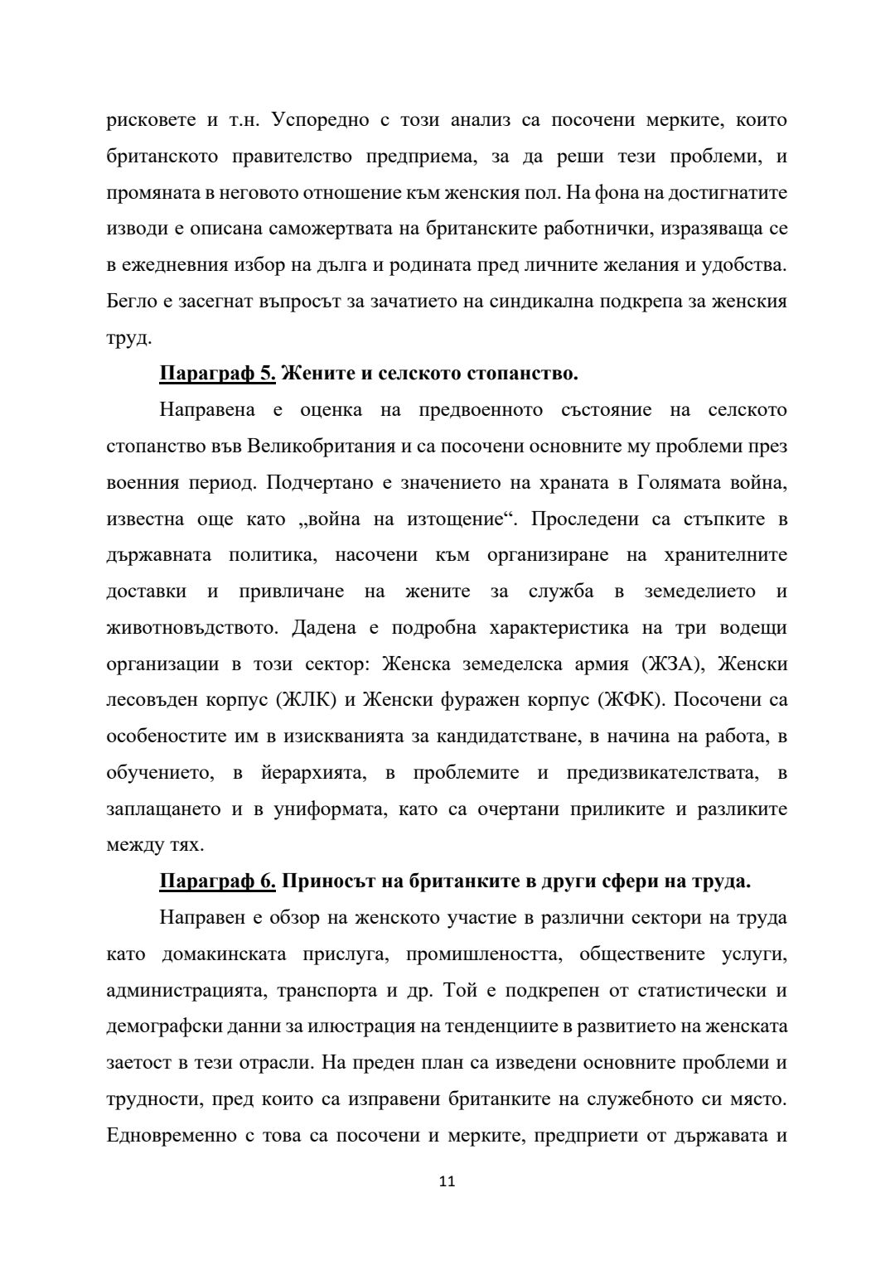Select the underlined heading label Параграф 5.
(x=217, y=374)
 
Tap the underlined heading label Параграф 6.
(x=217, y=881)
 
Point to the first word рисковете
(x=150, y=120)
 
